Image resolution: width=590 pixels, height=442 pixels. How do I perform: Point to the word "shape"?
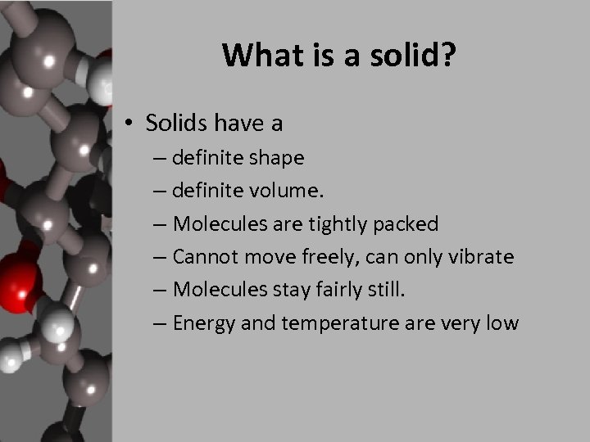click(275, 157)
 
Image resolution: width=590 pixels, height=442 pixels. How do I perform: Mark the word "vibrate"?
click(482, 256)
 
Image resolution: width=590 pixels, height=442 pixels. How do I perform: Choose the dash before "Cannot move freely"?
click(179, 257)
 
